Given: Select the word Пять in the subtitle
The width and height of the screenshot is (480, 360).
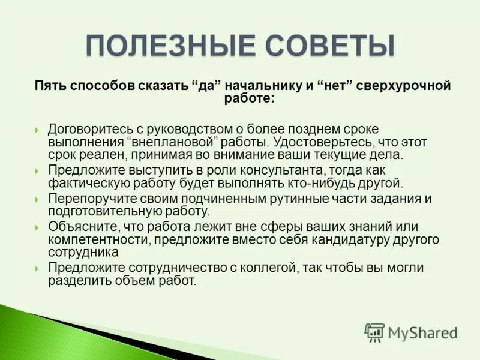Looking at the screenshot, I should (48, 86).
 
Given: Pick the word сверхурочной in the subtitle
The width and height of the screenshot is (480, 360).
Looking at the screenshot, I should (403, 86).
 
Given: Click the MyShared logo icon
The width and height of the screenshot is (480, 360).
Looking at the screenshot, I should (374, 331).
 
